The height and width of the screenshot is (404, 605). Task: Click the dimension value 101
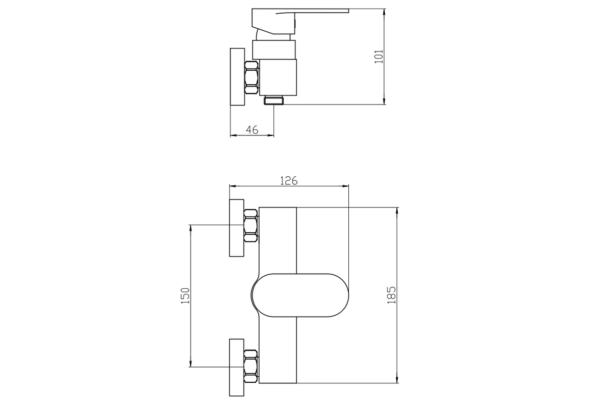[379, 57]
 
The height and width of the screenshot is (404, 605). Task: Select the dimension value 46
[252, 130]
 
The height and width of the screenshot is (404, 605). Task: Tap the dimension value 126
[289, 181]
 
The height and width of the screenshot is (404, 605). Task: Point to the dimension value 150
[186, 295]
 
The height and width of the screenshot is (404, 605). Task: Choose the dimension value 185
[391, 295]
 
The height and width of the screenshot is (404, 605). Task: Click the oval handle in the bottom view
[300, 295]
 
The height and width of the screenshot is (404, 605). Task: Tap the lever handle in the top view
[300, 22]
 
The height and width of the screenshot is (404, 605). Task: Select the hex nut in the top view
[252, 78]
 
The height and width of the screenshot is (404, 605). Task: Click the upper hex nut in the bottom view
[251, 226]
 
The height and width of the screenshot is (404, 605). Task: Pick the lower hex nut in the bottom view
[251, 366]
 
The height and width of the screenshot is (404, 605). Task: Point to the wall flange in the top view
[237, 77]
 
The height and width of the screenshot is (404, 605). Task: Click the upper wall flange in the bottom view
[236, 228]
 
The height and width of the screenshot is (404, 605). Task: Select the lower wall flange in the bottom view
[236, 368]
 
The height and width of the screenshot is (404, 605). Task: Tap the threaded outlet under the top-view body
[274, 100]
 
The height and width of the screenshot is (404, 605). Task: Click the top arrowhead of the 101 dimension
[384, 12]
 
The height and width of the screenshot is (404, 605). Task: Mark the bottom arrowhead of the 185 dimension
[397, 380]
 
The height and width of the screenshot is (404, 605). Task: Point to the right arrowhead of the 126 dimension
[345, 186]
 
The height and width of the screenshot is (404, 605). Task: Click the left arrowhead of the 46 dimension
[233, 135]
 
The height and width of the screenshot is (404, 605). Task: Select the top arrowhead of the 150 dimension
[191, 228]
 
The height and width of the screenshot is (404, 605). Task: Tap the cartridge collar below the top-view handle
[274, 49]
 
